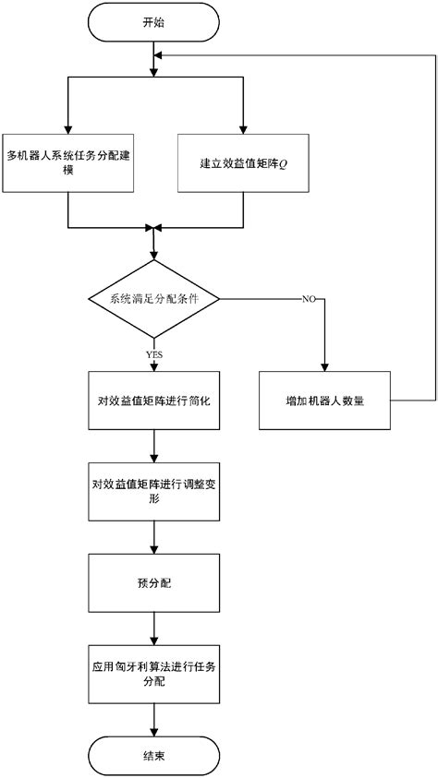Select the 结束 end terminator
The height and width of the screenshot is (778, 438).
[x=153, y=753]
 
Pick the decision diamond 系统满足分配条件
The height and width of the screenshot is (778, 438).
[x=153, y=299]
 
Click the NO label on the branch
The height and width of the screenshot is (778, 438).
[x=309, y=299]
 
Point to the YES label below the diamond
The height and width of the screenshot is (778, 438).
[x=153, y=352]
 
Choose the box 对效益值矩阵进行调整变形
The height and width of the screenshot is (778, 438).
[x=153, y=490]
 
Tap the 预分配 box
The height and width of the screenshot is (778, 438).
[x=153, y=583]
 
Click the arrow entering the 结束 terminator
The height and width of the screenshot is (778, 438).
[x=153, y=720]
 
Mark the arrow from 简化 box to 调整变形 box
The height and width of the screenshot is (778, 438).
[x=153, y=446]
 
